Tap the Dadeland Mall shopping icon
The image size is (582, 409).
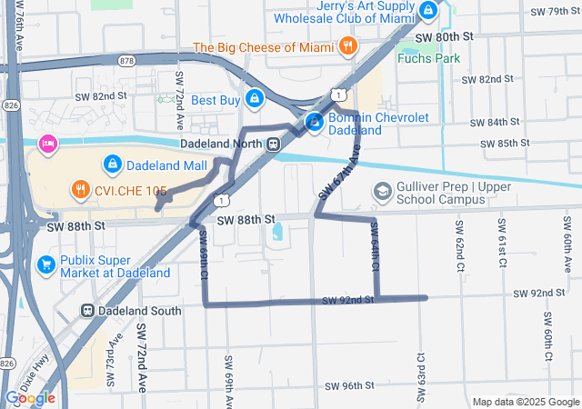click(112, 165)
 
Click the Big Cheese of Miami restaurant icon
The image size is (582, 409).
click(346, 45)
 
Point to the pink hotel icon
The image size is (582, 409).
click(46, 144)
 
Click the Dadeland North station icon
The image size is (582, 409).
click(273, 145)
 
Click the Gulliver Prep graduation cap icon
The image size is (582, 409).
click(382, 192)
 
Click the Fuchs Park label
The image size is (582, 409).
click(428, 58)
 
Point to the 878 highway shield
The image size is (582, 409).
click(125, 60)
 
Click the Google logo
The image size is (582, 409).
click(30, 397)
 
